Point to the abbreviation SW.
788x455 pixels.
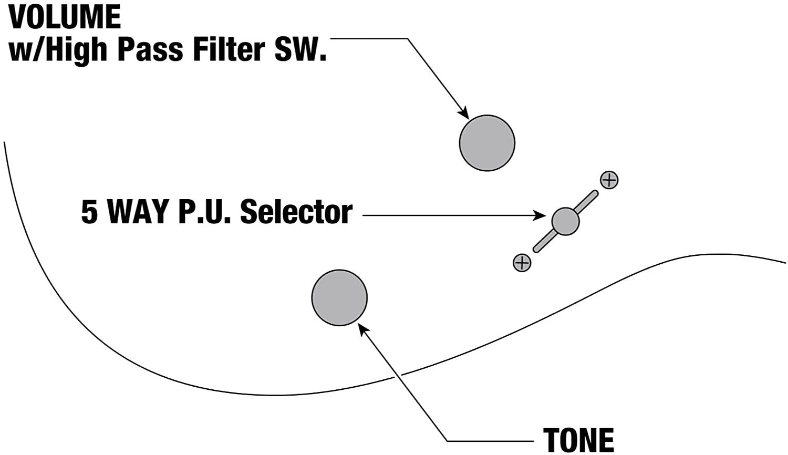[x=298, y=49]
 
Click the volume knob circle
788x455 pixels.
[x=487, y=143]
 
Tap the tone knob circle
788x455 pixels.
[x=339, y=298]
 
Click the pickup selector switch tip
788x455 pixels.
[x=565, y=221]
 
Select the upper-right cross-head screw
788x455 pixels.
[x=609, y=180]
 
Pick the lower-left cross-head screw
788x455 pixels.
[x=522, y=262]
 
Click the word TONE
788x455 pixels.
[x=578, y=440]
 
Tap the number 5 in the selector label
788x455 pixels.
[x=90, y=212]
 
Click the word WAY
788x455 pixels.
[x=138, y=212]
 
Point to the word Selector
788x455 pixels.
[x=296, y=212]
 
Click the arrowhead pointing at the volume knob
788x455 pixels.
[x=463, y=113]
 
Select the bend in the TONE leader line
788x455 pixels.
[x=447, y=440]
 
